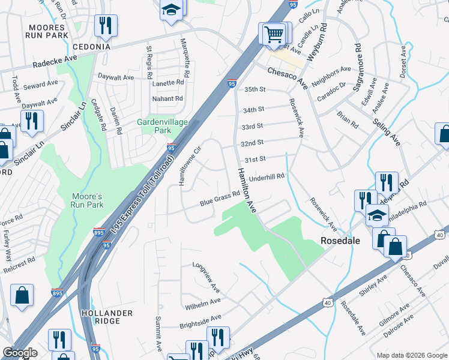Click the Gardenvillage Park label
pos(163,126)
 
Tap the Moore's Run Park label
pos(88,200)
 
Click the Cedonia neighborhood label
pos(91,47)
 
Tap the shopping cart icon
pos(273,34)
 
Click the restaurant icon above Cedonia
pos(106,26)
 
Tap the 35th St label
pos(255,89)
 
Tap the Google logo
pos(20,353)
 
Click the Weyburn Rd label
pos(315,41)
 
